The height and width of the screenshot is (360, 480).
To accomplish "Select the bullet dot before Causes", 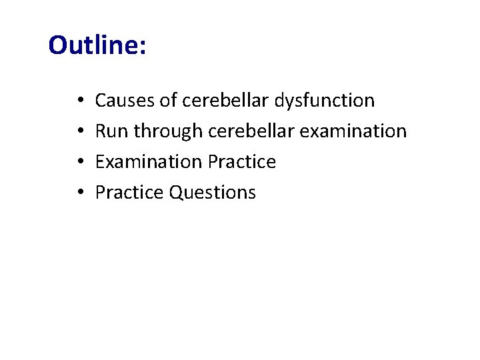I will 79,101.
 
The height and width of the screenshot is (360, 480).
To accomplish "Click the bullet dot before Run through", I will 79,132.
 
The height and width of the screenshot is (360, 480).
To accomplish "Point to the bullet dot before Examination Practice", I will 79,163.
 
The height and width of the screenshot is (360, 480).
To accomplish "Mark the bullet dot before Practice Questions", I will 79,193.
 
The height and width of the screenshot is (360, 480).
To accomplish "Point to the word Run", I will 111,131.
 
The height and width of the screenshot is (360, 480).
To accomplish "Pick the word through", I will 168,132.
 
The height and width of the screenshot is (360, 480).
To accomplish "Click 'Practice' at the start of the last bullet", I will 129,193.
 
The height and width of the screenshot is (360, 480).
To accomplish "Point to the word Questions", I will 212,193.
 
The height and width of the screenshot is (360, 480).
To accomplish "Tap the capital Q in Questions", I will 175,193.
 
